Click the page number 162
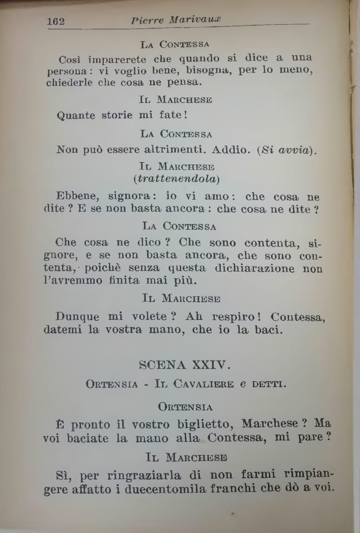55,21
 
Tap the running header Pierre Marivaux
176,20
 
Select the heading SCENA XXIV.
184,365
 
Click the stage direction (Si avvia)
284,150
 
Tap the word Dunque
77,317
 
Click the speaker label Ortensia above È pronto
185,407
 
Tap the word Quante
76,115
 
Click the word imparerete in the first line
117,59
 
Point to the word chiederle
69,83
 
